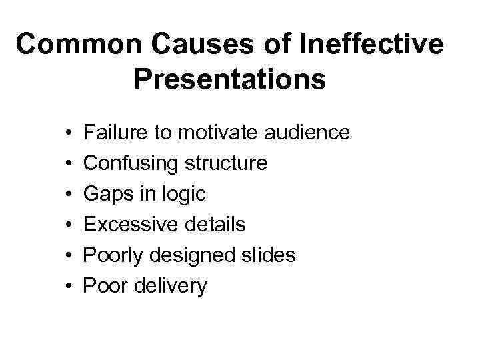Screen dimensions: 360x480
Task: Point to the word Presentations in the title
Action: [229, 79]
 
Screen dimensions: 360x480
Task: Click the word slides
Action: [267, 255]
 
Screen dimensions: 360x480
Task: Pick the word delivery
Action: [171, 286]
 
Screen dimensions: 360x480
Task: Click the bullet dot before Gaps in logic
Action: [69, 195]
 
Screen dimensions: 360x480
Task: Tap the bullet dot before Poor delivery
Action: [69, 287]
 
